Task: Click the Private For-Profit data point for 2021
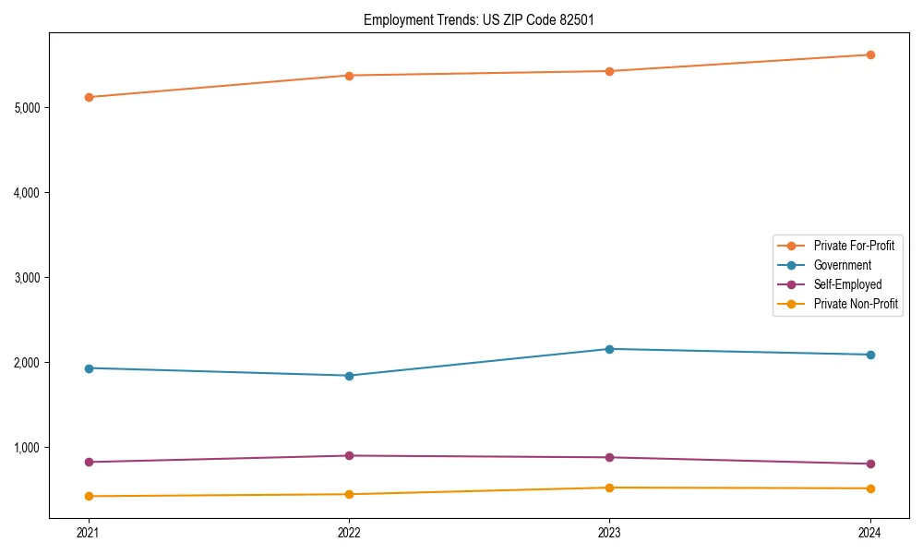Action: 89,97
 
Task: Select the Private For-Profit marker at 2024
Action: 870,54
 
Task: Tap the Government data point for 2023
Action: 610,349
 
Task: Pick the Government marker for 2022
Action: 349,376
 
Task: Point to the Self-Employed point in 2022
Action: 349,455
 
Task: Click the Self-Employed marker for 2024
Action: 870,464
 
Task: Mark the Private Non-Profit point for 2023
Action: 610,488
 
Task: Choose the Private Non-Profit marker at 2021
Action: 89,496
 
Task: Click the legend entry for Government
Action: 842,265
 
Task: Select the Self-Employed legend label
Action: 847,284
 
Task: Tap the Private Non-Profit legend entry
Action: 856,304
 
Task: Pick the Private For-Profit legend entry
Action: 854,246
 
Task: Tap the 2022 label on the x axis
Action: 349,532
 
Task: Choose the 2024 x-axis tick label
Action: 870,532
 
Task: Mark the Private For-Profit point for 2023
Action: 610,71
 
